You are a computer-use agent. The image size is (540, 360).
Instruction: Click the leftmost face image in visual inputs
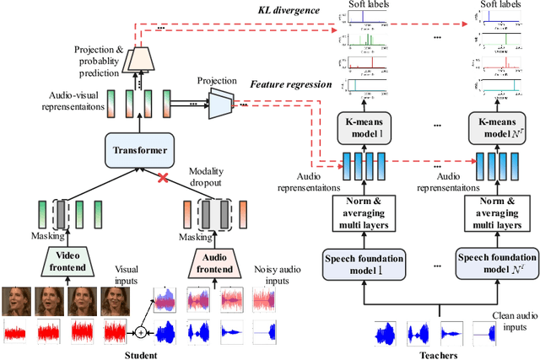pos(17,302)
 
